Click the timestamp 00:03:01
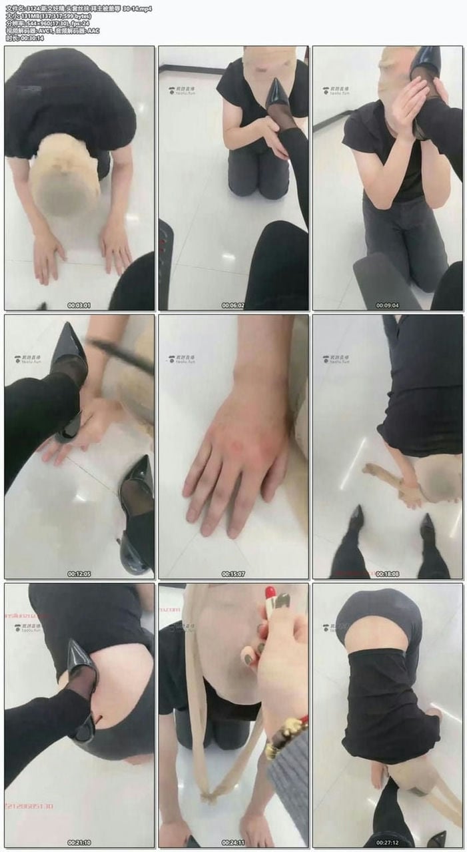point(79,305)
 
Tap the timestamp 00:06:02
point(233,305)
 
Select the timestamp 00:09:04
point(387,305)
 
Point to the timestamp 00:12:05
point(79,574)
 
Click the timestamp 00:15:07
point(233,574)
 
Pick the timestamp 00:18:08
point(387,574)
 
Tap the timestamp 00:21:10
point(79,843)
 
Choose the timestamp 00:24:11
point(233,843)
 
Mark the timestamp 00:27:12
point(387,843)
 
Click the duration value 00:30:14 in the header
point(32,38)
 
